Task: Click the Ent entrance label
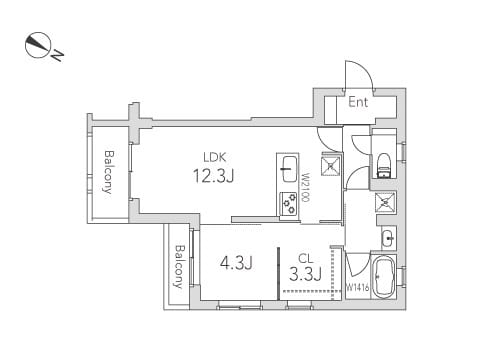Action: coord(358,101)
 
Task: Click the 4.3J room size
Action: coord(236,264)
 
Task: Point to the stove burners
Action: coord(289,204)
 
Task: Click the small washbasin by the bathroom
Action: coord(387,237)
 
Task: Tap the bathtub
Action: coord(383,277)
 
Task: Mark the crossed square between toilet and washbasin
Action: coord(384,203)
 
